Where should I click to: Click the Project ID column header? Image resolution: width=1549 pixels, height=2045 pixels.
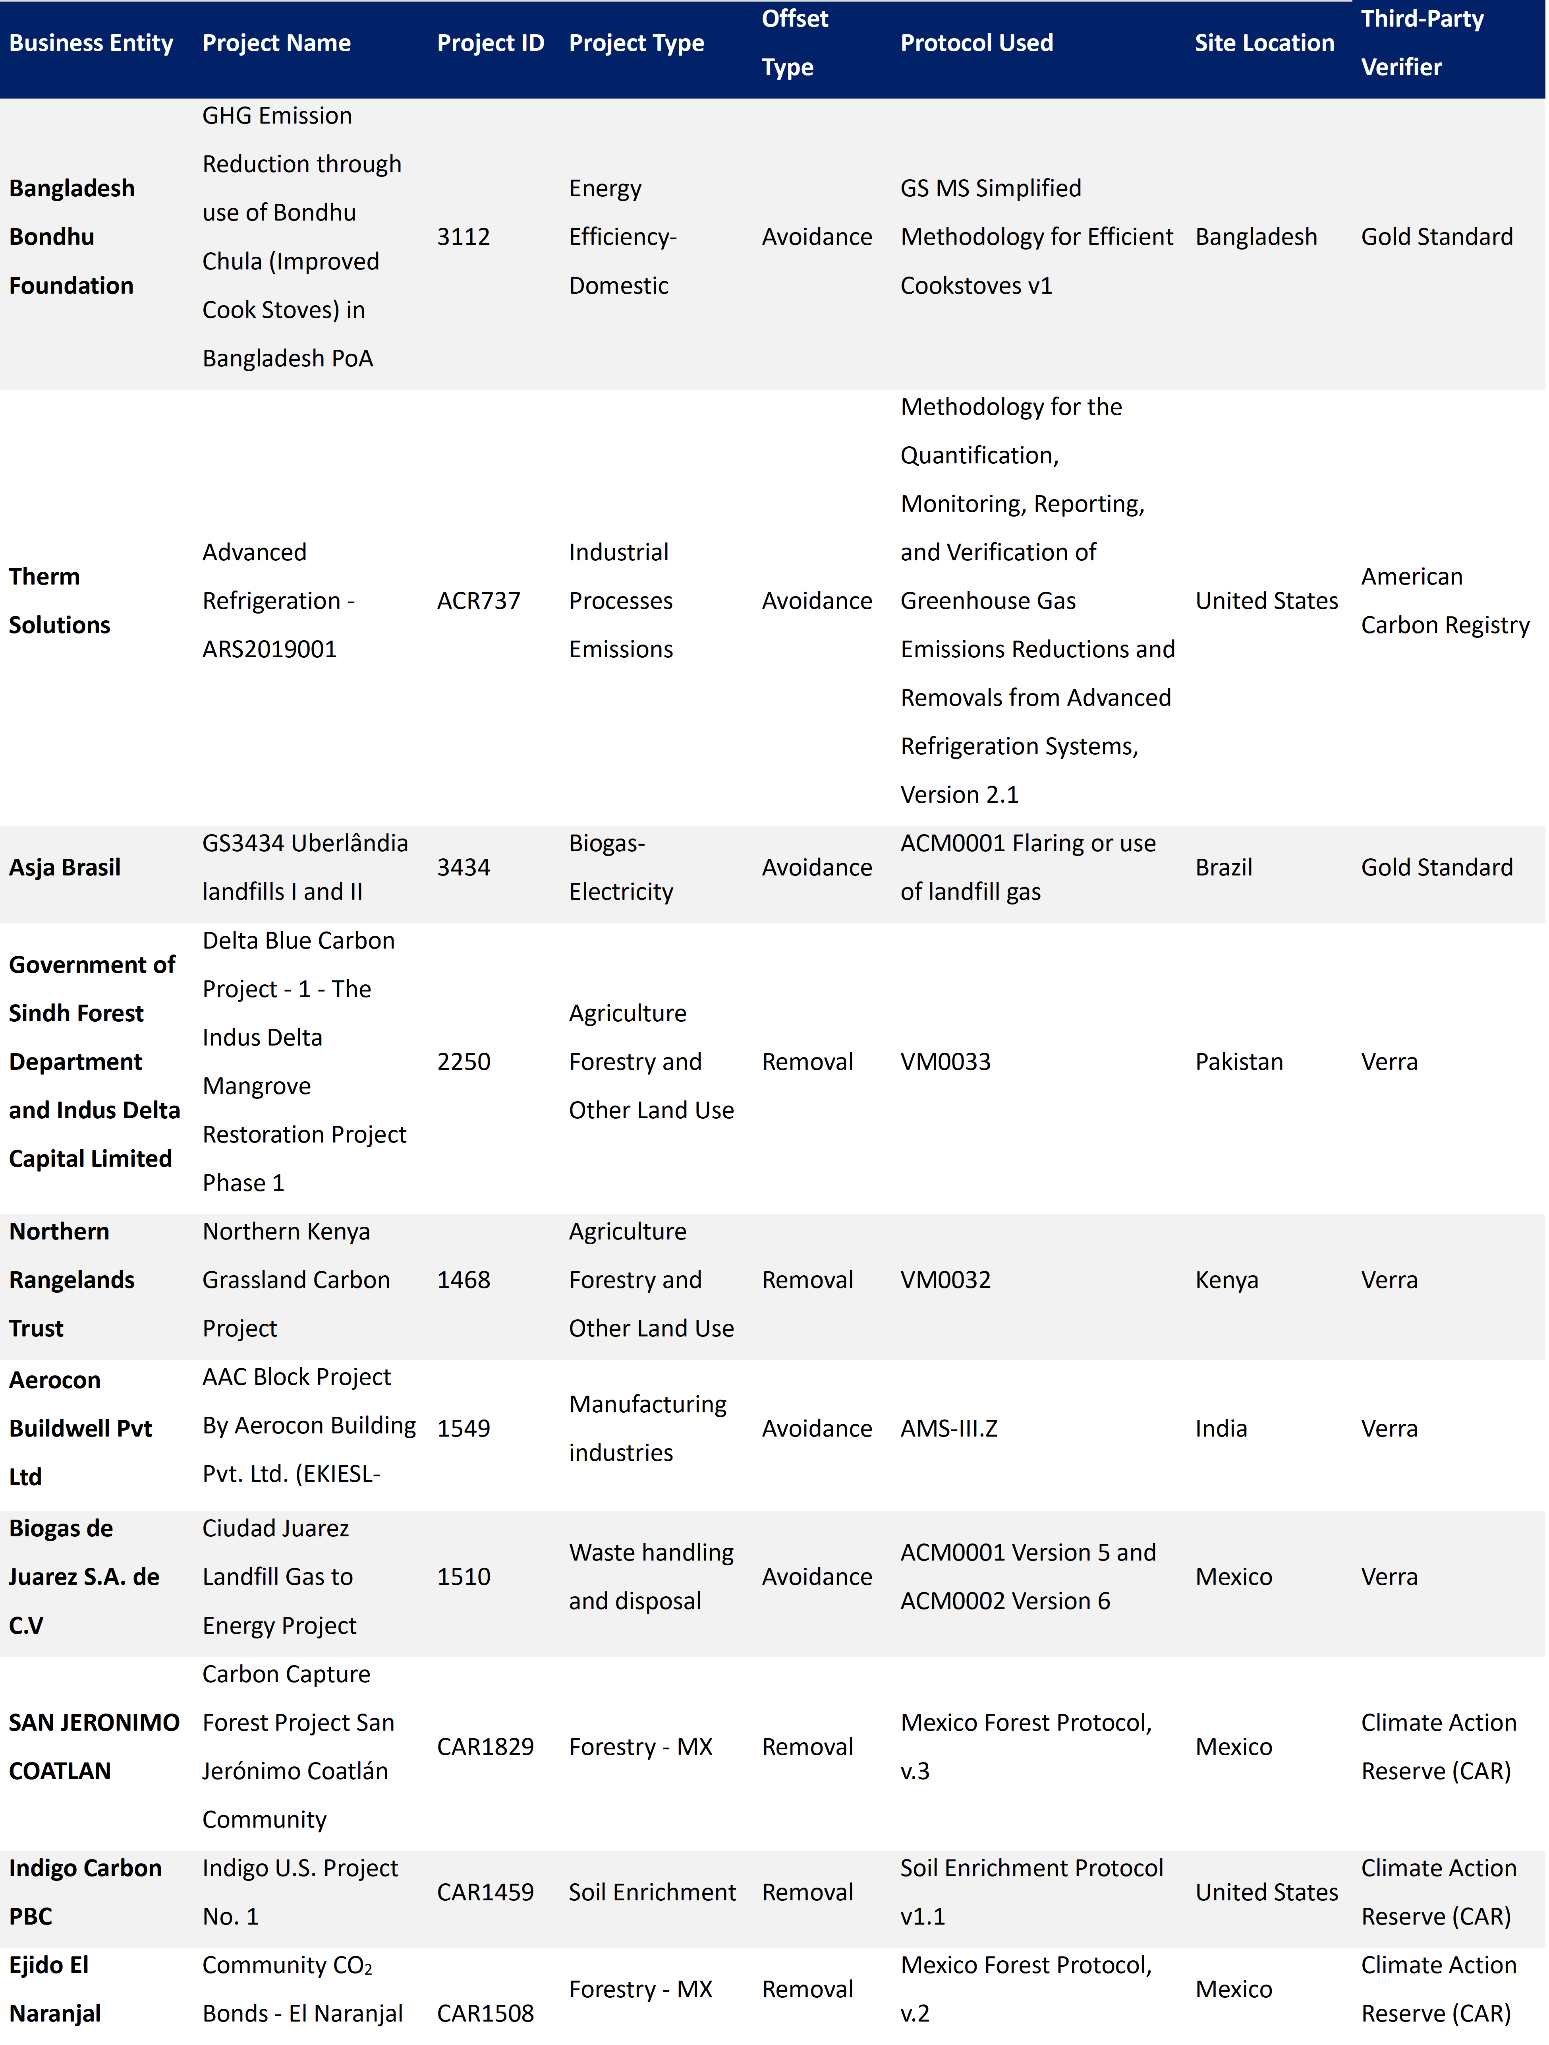tap(490, 43)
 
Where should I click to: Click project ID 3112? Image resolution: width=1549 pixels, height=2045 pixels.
tap(463, 237)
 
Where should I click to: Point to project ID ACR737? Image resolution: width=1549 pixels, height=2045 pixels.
tap(478, 601)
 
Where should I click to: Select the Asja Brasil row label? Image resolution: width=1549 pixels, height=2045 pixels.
tap(65, 867)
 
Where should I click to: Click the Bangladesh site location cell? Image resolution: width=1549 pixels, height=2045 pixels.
tap(1255, 237)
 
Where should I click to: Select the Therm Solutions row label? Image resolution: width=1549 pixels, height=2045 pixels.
tap(59, 601)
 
